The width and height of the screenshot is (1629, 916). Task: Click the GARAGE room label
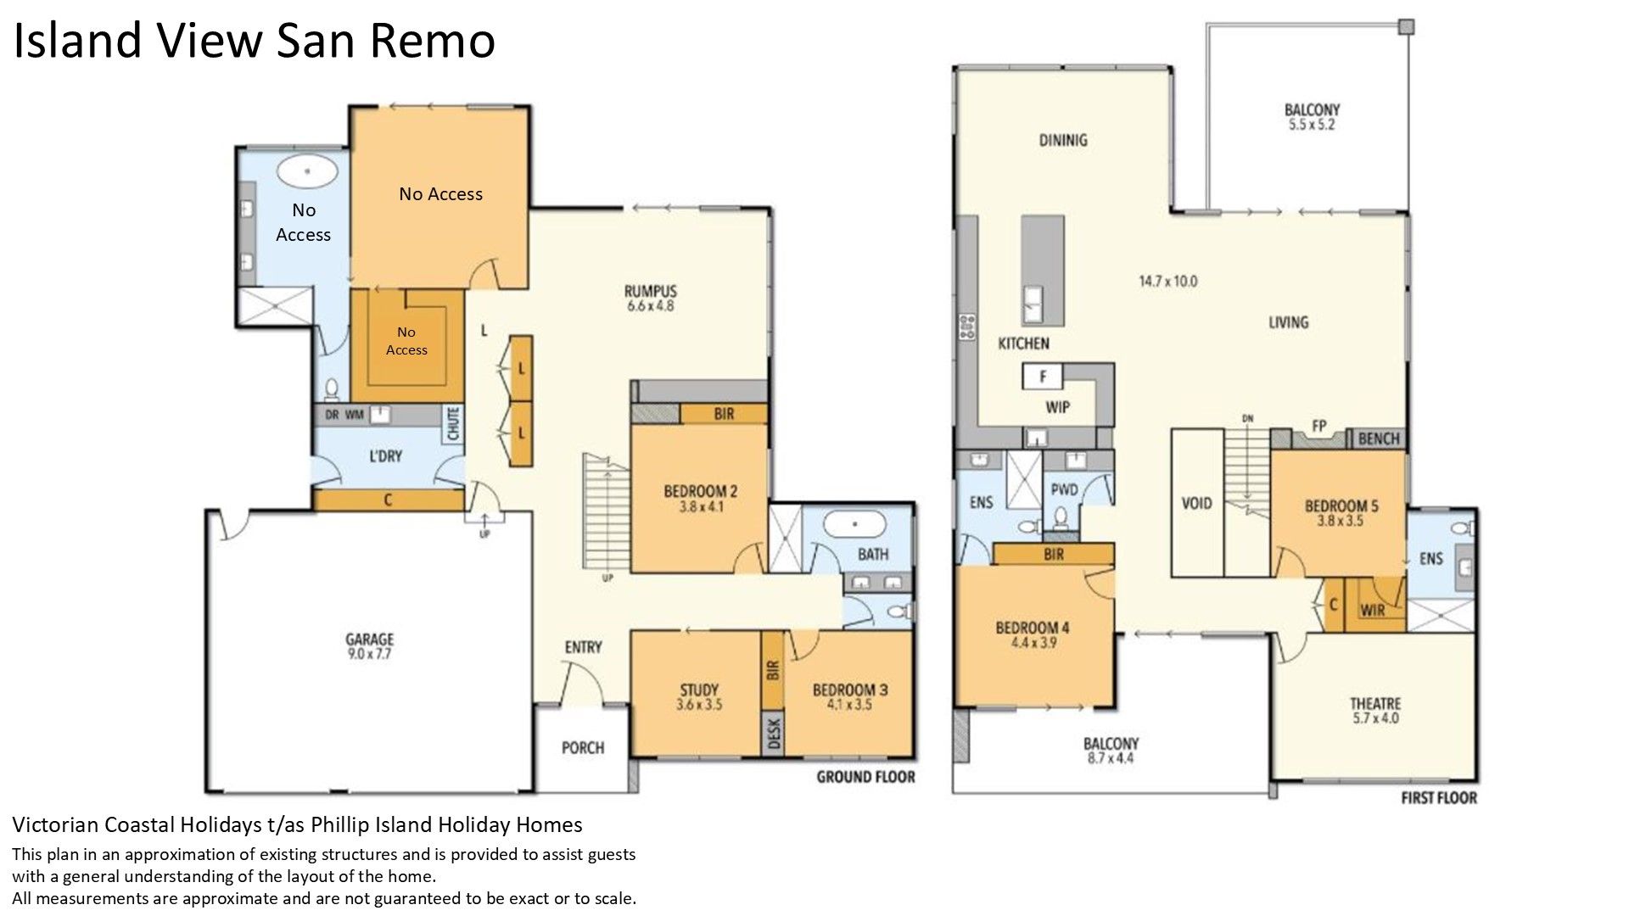[369, 640]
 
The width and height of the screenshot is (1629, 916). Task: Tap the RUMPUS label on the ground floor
[651, 291]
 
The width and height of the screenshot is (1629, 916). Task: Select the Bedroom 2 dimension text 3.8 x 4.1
[700, 506]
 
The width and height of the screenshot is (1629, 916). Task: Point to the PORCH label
[583, 747]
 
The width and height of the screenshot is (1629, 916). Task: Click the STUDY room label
[699, 690]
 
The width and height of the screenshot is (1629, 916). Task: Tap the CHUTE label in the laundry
[452, 423]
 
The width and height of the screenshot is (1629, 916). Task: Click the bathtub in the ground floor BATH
[856, 526]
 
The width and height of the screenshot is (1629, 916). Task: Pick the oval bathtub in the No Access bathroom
[307, 171]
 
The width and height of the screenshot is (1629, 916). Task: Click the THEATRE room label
[1375, 703]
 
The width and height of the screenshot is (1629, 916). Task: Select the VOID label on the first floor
[1196, 503]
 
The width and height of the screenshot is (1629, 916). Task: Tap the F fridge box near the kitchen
[1044, 376]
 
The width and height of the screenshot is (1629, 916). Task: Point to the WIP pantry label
[1057, 407]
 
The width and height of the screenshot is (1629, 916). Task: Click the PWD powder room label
[1064, 489]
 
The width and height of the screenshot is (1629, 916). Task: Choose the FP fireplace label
[1318, 426]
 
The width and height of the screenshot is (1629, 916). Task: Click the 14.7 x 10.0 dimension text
[1167, 281]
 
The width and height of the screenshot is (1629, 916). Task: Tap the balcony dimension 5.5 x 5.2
[1312, 125]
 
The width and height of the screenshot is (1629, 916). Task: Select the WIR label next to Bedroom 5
[1373, 610]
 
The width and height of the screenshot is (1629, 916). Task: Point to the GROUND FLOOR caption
[865, 776]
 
